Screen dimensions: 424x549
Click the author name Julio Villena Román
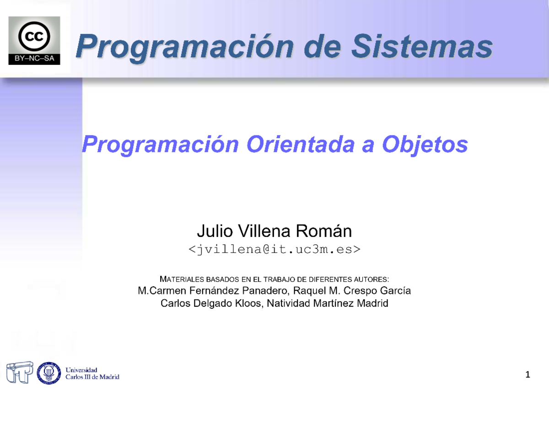coord(274,231)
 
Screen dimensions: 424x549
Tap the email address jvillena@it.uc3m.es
coord(274,249)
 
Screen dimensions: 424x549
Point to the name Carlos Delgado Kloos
coord(211,303)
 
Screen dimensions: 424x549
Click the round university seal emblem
coord(49,373)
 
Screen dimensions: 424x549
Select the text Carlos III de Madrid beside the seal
coord(92,377)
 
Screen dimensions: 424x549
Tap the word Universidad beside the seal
coord(81,370)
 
